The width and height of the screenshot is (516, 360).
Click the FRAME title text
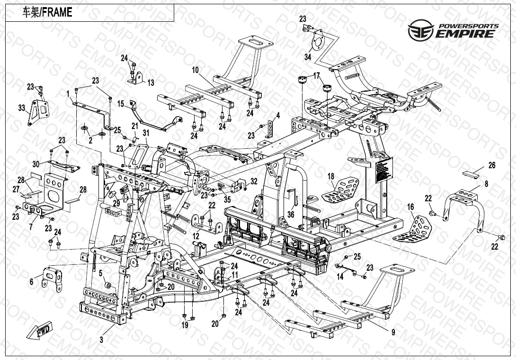pyautogui.click(x=48, y=13)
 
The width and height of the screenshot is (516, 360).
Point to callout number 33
pyautogui.click(x=22, y=108)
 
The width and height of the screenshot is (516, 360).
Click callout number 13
pyautogui.click(x=151, y=83)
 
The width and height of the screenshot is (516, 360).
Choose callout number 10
pyautogui.click(x=195, y=70)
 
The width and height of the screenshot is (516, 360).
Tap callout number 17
pyautogui.click(x=316, y=75)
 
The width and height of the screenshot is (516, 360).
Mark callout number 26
pyautogui.click(x=492, y=166)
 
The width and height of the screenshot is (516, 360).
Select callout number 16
pyautogui.click(x=410, y=207)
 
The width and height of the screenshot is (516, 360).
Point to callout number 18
pyautogui.click(x=331, y=176)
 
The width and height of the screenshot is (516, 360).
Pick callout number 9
pyautogui.click(x=392, y=332)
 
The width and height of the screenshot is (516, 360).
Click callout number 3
pyautogui.click(x=101, y=340)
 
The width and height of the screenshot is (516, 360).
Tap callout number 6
pyautogui.click(x=32, y=282)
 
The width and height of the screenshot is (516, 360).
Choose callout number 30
pyautogui.click(x=36, y=163)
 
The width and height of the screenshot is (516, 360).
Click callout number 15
pyautogui.click(x=120, y=103)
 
